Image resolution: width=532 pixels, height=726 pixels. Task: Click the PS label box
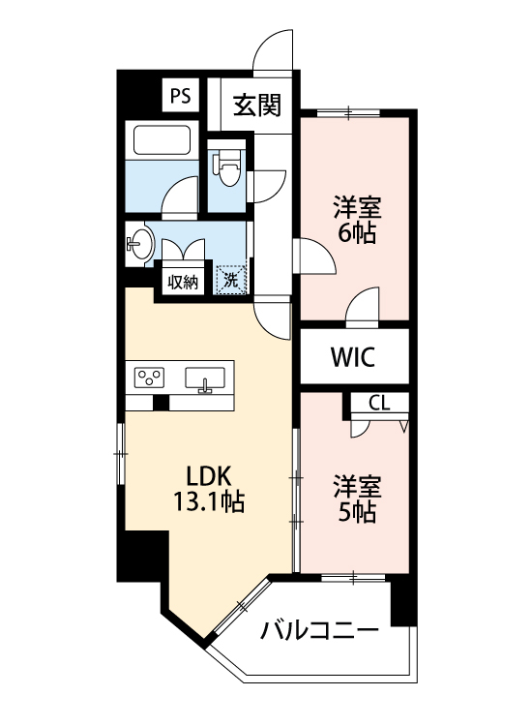(180, 96)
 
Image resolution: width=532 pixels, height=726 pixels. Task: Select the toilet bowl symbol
(229, 170)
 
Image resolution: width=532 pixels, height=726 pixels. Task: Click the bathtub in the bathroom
(162, 141)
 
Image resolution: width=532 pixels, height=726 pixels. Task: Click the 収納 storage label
(183, 283)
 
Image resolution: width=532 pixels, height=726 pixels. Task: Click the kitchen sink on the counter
(205, 378)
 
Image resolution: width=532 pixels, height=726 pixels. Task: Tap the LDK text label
(206, 476)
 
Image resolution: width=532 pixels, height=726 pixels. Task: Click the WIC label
(353, 357)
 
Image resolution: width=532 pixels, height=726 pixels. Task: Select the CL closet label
(379, 403)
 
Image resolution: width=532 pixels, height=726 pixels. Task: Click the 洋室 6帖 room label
(357, 220)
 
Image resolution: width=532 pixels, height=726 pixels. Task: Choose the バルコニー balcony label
(319, 632)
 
